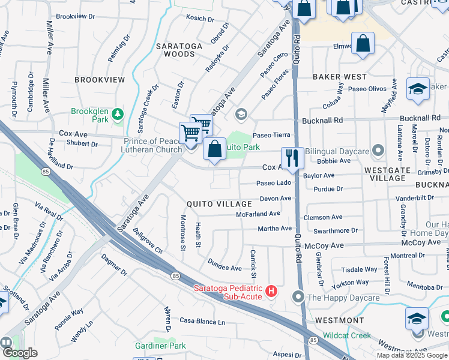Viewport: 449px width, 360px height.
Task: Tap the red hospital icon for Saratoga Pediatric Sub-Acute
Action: (271, 291)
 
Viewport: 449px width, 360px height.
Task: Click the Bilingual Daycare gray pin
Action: (378, 149)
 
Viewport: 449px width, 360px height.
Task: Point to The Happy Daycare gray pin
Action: (299, 296)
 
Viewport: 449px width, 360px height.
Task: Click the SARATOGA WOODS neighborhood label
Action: (175, 50)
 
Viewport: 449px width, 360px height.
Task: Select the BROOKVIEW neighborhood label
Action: (100, 80)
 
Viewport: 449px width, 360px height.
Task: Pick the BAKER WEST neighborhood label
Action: (339, 77)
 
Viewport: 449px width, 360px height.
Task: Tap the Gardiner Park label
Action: (161, 346)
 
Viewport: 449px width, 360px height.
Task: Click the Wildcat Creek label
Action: (347, 335)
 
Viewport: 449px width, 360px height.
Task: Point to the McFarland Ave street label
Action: (258, 214)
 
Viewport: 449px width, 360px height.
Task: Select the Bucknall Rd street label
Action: (323, 120)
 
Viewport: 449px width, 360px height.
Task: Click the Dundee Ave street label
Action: (224, 263)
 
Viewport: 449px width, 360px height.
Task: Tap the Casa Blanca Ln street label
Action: (202, 322)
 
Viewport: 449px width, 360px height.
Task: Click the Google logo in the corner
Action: (19, 353)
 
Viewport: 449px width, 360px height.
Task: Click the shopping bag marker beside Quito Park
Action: (214, 149)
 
